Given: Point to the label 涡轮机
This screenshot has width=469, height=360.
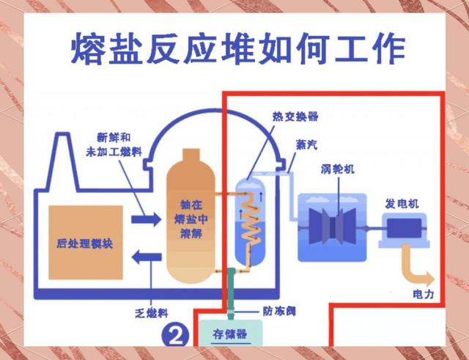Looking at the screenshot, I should [x=338, y=170].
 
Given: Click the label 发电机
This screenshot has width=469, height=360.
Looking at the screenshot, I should [x=402, y=202].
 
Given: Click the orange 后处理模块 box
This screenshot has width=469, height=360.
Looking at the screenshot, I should [x=85, y=242].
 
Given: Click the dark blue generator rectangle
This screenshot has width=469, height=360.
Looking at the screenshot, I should [x=403, y=229].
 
